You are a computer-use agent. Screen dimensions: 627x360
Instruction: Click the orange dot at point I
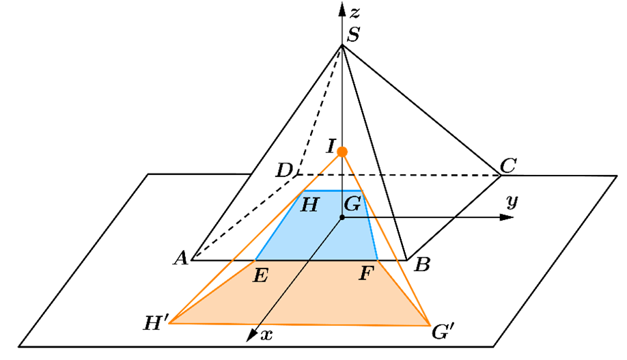tap(342, 152)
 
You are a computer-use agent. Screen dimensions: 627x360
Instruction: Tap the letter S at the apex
tap(354, 35)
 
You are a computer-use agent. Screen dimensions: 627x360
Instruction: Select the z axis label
tap(354, 13)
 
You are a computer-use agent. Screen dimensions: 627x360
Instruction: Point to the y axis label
tap(512, 202)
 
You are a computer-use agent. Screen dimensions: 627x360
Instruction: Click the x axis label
tap(266, 335)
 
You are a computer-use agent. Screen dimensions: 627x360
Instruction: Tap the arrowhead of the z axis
tap(342, 9)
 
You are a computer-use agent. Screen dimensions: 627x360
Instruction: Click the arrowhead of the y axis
tap(507, 217)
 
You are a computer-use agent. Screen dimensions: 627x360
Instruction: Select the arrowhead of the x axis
tap(251, 335)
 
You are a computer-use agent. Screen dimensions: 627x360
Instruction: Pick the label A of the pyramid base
tap(181, 258)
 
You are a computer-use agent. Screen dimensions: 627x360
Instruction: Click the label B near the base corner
tap(422, 264)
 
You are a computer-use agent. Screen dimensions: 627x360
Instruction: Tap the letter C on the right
tap(508, 165)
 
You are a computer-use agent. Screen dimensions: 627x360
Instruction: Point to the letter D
tap(284, 171)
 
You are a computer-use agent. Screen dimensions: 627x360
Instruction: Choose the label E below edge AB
tap(260, 275)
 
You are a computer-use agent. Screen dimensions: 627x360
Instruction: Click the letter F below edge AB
tap(366, 274)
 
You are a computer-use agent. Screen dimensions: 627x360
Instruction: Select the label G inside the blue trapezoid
tap(352, 204)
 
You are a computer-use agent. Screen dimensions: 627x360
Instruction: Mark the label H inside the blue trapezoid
tap(309, 205)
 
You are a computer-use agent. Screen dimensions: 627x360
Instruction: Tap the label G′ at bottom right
tap(443, 331)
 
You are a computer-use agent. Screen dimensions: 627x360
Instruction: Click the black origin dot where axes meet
tap(342, 217)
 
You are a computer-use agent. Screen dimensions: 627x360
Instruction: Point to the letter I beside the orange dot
tap(331, 146)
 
